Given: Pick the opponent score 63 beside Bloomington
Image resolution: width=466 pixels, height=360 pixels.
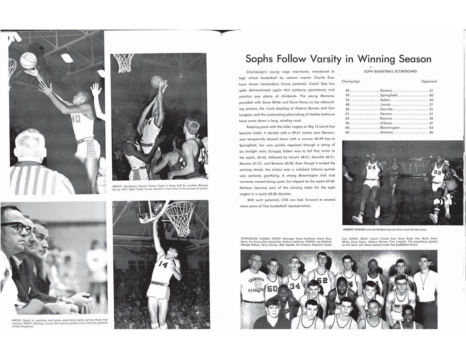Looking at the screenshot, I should click(x=431, y=128).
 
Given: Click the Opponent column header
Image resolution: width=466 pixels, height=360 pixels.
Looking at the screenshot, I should click(x=429, y=81).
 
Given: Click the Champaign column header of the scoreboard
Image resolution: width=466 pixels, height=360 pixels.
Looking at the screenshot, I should click(x=350, y=81).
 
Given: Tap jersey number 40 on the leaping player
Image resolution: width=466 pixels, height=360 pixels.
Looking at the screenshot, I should click(x=76, y=119).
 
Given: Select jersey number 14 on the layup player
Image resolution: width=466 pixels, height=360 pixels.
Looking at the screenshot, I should click(x=163, y=264).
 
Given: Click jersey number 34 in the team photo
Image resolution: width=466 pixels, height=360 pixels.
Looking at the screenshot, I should click(x=295, y=286).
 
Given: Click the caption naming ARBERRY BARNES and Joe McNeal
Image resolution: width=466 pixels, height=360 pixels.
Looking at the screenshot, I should click(x=385, y=230).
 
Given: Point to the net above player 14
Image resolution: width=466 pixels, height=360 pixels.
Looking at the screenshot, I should click(x=179, y=218).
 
